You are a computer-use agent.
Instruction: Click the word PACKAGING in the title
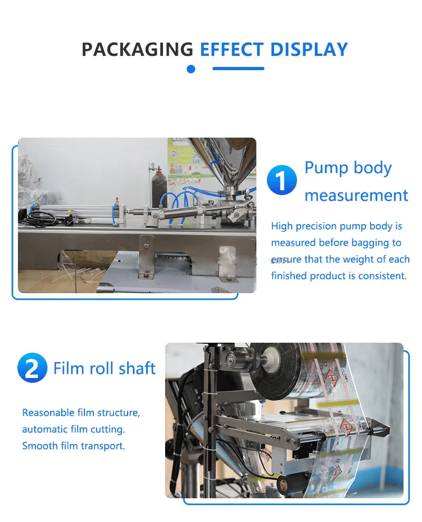(x=137, y=50)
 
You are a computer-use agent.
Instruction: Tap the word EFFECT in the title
(x=232, y=50)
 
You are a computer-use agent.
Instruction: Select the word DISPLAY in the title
(x=309, y=50)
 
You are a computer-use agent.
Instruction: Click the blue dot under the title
(x=191, y=69)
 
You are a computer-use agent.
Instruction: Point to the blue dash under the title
(x=238, y=69)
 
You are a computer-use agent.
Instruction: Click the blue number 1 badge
(x=282, y=180)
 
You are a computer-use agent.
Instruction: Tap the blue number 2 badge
(x=32, y=368)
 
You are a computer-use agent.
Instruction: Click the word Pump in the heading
(x=327, y=168)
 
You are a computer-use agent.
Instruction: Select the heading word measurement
(x=357, y=196)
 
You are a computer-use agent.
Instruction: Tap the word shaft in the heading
(x=137, y=368)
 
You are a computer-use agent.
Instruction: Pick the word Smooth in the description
(x=40, y=446)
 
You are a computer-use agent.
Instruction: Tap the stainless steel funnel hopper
(x=223, y=163)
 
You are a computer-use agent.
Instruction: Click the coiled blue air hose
(x=179, y=203)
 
